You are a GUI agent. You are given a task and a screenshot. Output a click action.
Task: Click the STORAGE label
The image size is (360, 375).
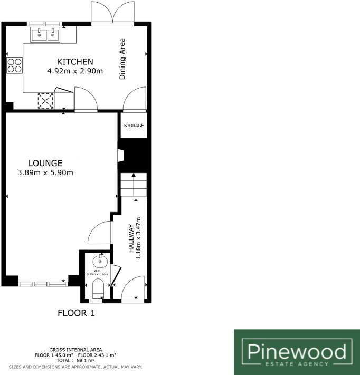coord(134,126)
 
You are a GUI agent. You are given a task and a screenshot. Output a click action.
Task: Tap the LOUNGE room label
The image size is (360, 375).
coord(46,163)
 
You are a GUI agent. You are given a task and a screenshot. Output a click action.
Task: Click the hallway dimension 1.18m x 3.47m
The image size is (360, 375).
coord(139,238)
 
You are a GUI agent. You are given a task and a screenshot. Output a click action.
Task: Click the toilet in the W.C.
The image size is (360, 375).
coord(98,289)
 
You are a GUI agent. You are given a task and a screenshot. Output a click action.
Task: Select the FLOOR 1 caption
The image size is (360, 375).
coord(76,313)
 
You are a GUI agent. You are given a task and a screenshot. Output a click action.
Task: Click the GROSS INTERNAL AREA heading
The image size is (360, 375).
coord(75,350)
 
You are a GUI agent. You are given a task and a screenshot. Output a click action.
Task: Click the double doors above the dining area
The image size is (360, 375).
coord(112,13)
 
